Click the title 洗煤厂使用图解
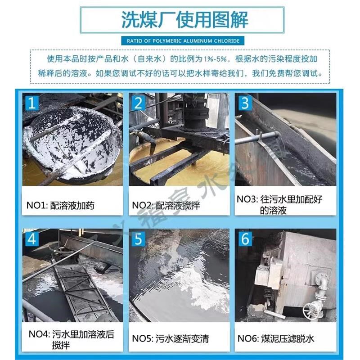point(184,21)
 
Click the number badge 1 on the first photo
point(31,103)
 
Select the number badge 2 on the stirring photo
point(138,103)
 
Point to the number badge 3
point(245,103)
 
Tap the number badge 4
point(31,239)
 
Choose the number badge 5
point(138,239)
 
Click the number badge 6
point(245,239)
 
